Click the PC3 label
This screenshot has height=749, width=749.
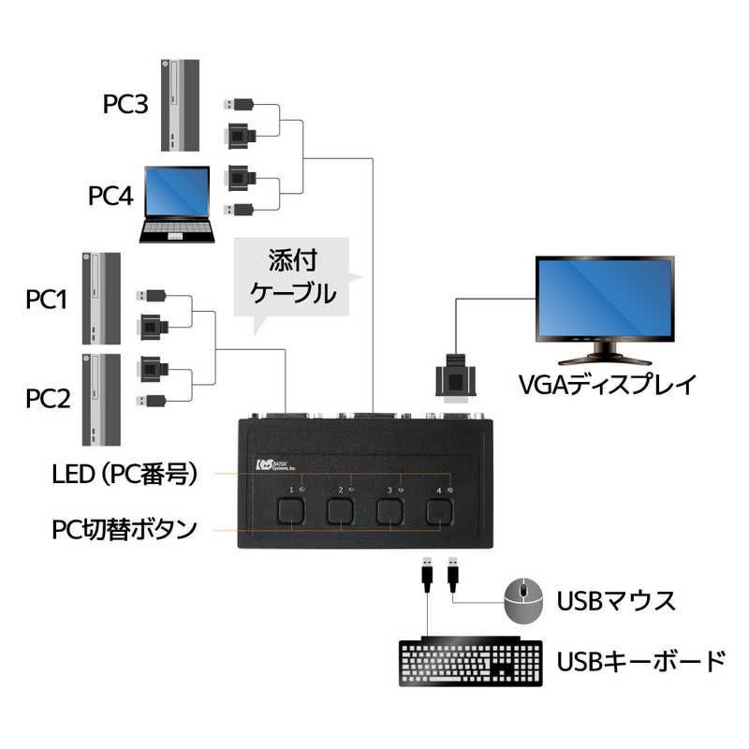125,102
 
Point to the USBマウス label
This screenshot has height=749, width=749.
616,600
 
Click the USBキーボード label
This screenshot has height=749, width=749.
640,662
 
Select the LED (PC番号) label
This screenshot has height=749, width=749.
125,475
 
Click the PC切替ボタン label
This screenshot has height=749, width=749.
125,529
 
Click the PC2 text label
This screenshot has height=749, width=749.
47,400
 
